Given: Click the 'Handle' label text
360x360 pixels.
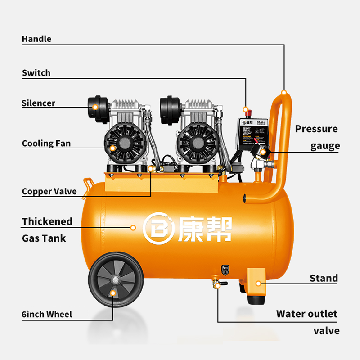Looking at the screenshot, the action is pyautogui.click(x=36, y=39).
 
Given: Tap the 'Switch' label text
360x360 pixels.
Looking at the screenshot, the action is pyautogui.click(x=36, y=73).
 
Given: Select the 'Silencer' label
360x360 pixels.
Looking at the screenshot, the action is pyautogui.click(x=39, y=103).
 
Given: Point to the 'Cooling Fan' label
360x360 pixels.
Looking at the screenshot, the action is pyautogui.click(x=46, y=144).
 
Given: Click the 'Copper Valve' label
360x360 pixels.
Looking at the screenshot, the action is pyautogui.click(x=49, y=191).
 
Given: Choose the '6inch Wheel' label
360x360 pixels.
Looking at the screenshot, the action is pyautogui.click(x=47, y=314).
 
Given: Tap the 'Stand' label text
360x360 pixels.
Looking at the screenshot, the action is pyautogui.click(x=324, y=278).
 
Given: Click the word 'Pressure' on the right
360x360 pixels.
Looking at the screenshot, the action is pyautogui.click(x=316, y=129).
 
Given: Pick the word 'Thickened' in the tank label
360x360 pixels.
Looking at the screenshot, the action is pyautogui.click(x=47, y=221).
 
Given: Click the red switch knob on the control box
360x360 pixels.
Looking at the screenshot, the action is pyautogui.click(x=245, y=110).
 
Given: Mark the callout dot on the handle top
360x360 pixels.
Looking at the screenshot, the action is pyautogui.click(x=284, y=92).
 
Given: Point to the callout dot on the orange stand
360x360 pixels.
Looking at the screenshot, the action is pyautogui.click(x=258, y=283).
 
